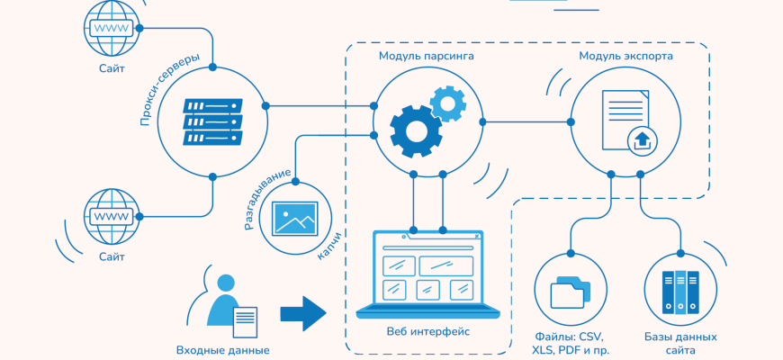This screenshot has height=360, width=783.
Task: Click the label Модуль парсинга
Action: click(427, 56)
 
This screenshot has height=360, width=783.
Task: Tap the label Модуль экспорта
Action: click(625, 56)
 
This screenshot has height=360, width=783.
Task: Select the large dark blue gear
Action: click(415, 131)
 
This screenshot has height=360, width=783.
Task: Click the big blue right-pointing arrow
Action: click(302, 313)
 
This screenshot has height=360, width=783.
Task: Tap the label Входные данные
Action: click(222, 350)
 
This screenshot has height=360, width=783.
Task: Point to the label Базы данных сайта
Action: click(680, 343)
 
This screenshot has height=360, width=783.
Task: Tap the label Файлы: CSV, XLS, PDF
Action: click(571, 343)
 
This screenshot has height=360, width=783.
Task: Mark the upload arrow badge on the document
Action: click(642, 139)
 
